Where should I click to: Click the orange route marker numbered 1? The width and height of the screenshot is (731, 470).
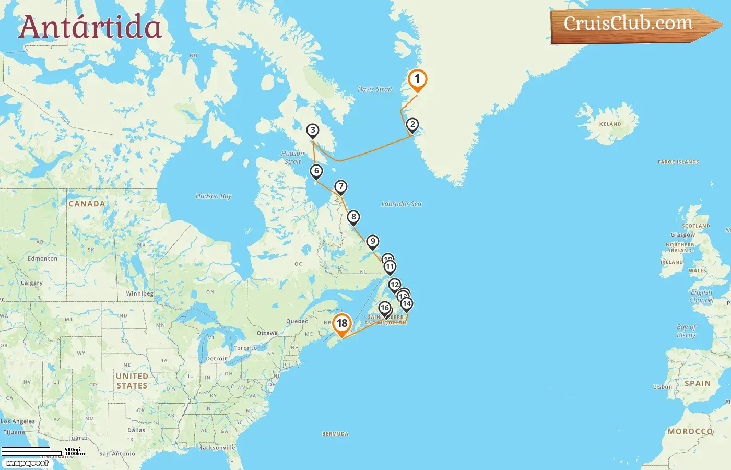(417, 80)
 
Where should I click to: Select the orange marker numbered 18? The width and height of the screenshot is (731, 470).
(342, 323)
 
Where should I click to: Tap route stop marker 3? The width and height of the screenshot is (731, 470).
(312, 131)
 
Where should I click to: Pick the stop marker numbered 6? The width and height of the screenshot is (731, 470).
(316, 171)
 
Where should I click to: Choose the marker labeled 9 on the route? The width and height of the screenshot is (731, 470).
(372, 242)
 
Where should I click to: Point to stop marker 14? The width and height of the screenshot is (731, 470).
(407, 303)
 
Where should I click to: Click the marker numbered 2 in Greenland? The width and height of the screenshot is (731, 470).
(412, 125)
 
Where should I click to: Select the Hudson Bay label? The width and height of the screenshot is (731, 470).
(214, 196)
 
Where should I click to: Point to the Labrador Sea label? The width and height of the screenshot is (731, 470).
(401, 204)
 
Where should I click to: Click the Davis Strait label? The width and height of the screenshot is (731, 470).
(375, 89)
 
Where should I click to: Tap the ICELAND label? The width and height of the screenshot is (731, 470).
(609, 124)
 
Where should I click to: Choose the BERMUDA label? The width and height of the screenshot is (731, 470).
(335, 434)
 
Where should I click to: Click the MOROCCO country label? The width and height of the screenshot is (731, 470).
(690, 431)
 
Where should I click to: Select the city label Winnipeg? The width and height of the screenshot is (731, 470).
(140, 293)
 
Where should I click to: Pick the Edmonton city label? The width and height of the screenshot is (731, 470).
(43, 258)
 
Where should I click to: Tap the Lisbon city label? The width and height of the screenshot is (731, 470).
(663, 387)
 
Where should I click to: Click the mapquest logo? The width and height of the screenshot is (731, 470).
(28, 463)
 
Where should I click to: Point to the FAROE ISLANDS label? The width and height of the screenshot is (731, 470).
(678, 162)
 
